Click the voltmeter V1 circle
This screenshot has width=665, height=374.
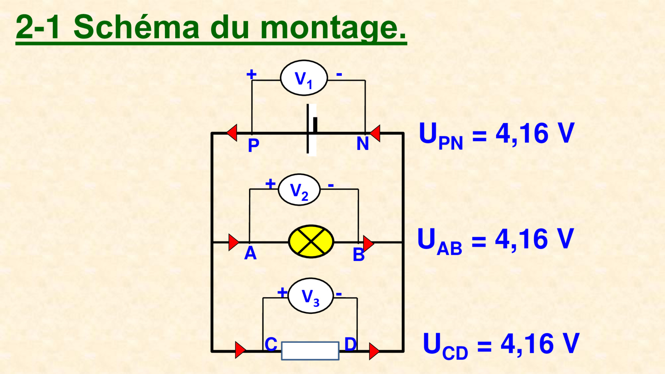(x=304, y=78)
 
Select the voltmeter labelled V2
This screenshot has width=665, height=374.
(x=299, y=190)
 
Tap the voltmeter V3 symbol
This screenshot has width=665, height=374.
(x=310, y=296)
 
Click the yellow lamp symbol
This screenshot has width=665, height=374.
(x=311, y=242)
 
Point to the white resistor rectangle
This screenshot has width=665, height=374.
(x=310, y=351)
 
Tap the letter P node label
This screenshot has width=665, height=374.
(x=253, y=145)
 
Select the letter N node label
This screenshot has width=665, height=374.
(x=362, y=144)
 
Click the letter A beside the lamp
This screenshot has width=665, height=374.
(x=250, y=253)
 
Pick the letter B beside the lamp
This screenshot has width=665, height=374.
(x=358, y=255)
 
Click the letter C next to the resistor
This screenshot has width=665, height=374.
(x=271, y=344)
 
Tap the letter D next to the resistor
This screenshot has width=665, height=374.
(x=350, y=344)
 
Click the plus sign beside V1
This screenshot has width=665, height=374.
(x=251, y=74)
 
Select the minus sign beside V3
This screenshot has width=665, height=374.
(x=339, y=293)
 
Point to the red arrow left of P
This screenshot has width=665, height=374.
(x=232, y=133)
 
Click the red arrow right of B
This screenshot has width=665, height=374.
(x=368, y=243)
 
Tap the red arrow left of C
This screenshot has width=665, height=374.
(x=240, y=350)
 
